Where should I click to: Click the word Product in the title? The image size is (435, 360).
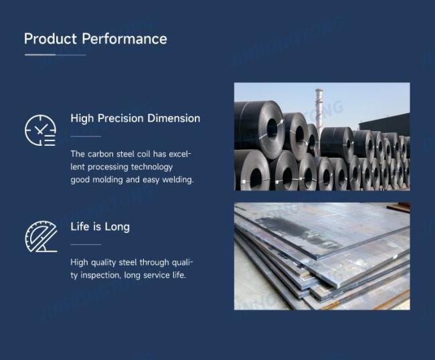[x=50, y=39]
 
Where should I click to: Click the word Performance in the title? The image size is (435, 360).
[x=124, y=39]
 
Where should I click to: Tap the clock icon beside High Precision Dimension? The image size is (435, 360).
[x=41, y=130]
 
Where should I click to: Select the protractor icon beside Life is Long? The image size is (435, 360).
[x=41, y=237]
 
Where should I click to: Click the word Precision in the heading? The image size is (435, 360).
[x=120, y=118]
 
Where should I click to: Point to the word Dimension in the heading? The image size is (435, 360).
[x=174, y=118]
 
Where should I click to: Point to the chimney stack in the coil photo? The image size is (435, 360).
[x=319, y=111]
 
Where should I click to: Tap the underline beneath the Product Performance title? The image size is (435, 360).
[x=55, y=55]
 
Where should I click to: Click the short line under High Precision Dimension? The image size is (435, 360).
[x=86, y=137]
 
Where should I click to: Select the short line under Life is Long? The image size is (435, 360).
[x=86, y=244]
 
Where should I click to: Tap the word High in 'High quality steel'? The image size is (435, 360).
[x=79, y=262]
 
